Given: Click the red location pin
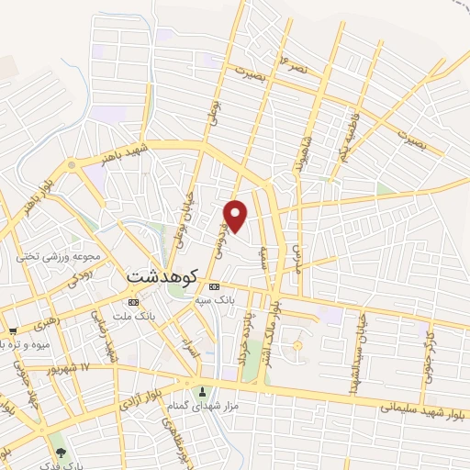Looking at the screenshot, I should click(x=237, y=215).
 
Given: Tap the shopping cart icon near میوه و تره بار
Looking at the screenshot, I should click(x=12, y=331).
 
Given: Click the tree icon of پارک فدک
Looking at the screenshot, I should click(x=62, y=452).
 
